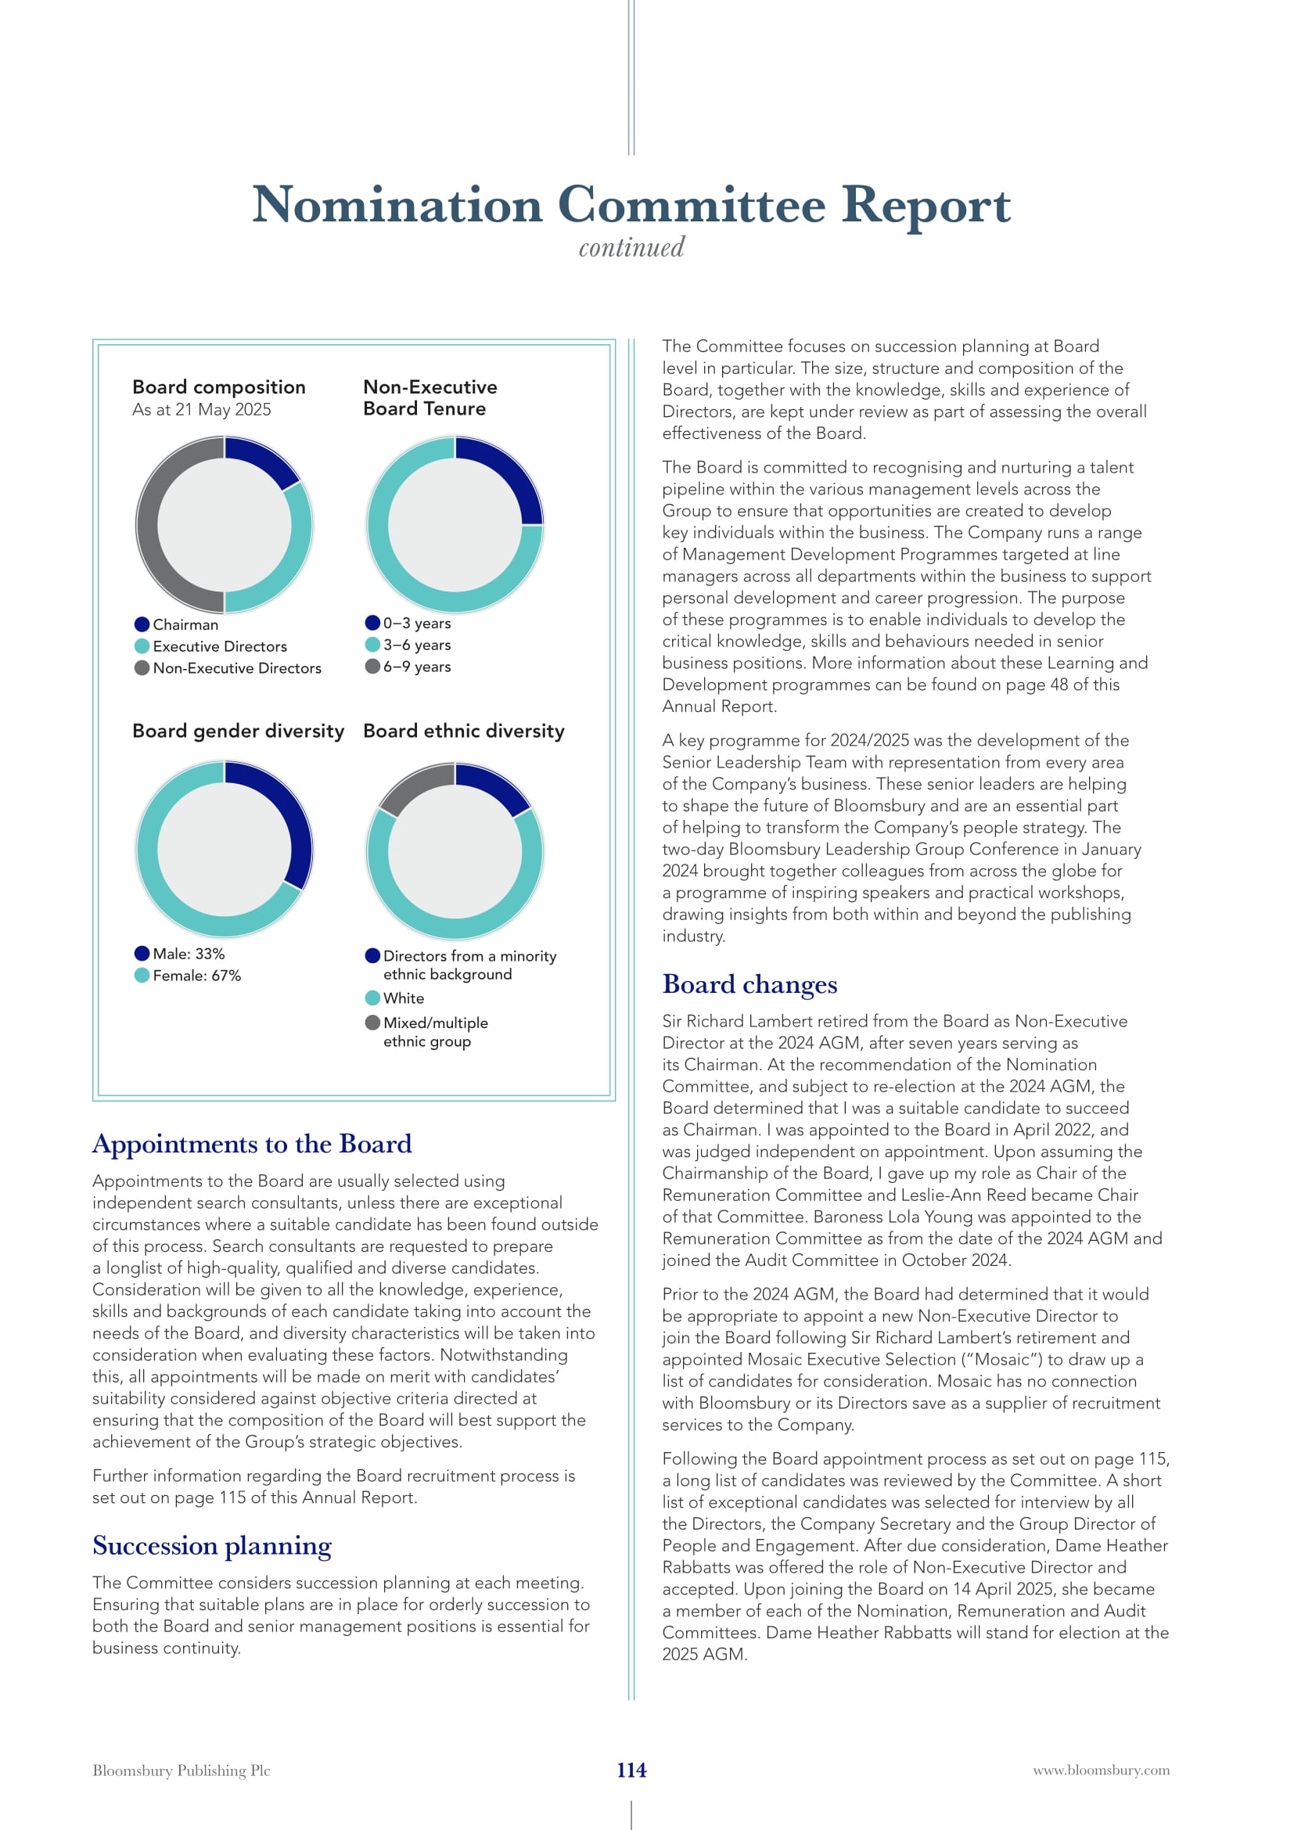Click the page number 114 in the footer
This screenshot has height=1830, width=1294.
631,1770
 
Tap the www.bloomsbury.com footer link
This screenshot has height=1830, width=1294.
1102,1771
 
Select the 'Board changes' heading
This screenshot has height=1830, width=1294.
749,984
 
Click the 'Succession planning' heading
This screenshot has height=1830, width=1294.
211,1545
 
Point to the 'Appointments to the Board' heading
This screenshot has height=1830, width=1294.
252,1144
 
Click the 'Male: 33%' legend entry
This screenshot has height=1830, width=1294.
188,953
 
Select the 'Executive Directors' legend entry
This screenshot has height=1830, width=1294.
219,646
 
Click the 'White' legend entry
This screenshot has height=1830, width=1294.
403,998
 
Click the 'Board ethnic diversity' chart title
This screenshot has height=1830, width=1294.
464,731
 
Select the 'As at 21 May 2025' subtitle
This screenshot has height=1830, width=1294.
202,410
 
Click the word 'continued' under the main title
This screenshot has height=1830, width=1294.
631,248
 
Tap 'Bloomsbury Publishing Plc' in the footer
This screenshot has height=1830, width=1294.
181,1771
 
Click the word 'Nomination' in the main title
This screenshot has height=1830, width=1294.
397,206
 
